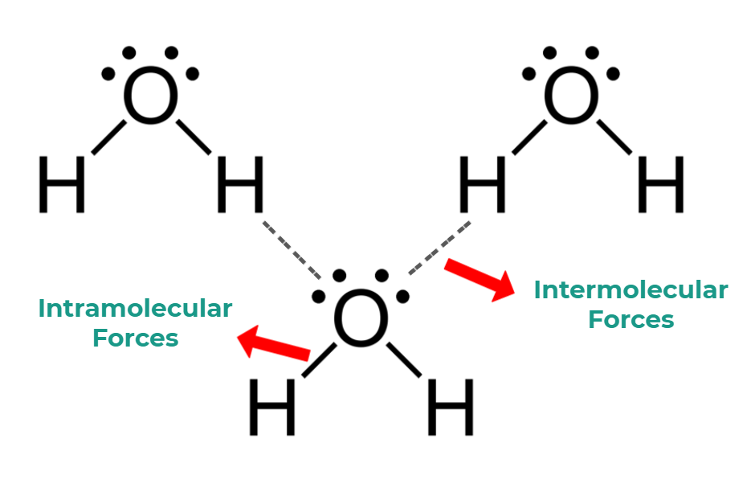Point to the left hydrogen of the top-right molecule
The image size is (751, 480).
[483, 184]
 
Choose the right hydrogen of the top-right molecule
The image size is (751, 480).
[660, 184]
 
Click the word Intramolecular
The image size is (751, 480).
[135, 308]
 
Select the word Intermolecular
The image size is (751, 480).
[631, 289]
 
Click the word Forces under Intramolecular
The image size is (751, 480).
[135, 338]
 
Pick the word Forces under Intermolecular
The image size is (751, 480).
[631, 319]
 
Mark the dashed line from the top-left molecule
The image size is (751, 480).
[292, 247]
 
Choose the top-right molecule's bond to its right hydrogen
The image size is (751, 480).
[614, 137]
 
